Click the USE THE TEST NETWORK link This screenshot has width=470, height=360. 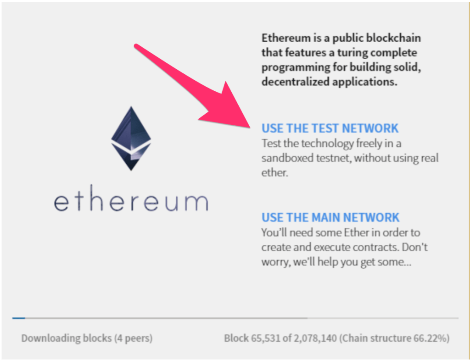330,128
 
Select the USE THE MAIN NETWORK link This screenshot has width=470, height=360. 330,217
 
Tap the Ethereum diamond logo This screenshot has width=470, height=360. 131,138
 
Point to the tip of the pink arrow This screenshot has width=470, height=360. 250,127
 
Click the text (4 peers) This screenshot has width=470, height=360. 133,338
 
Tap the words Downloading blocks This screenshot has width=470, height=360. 67,338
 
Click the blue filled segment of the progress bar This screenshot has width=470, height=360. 18,318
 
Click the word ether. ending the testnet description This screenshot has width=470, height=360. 275,172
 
